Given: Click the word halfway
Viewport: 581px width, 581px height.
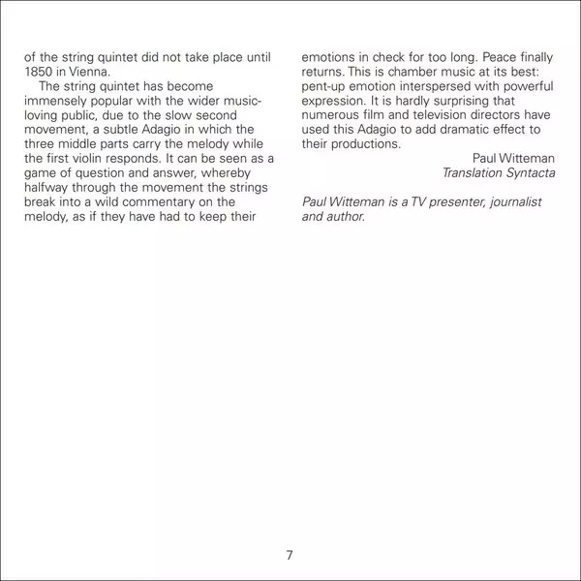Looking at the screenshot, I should click(x=49, y=187).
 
